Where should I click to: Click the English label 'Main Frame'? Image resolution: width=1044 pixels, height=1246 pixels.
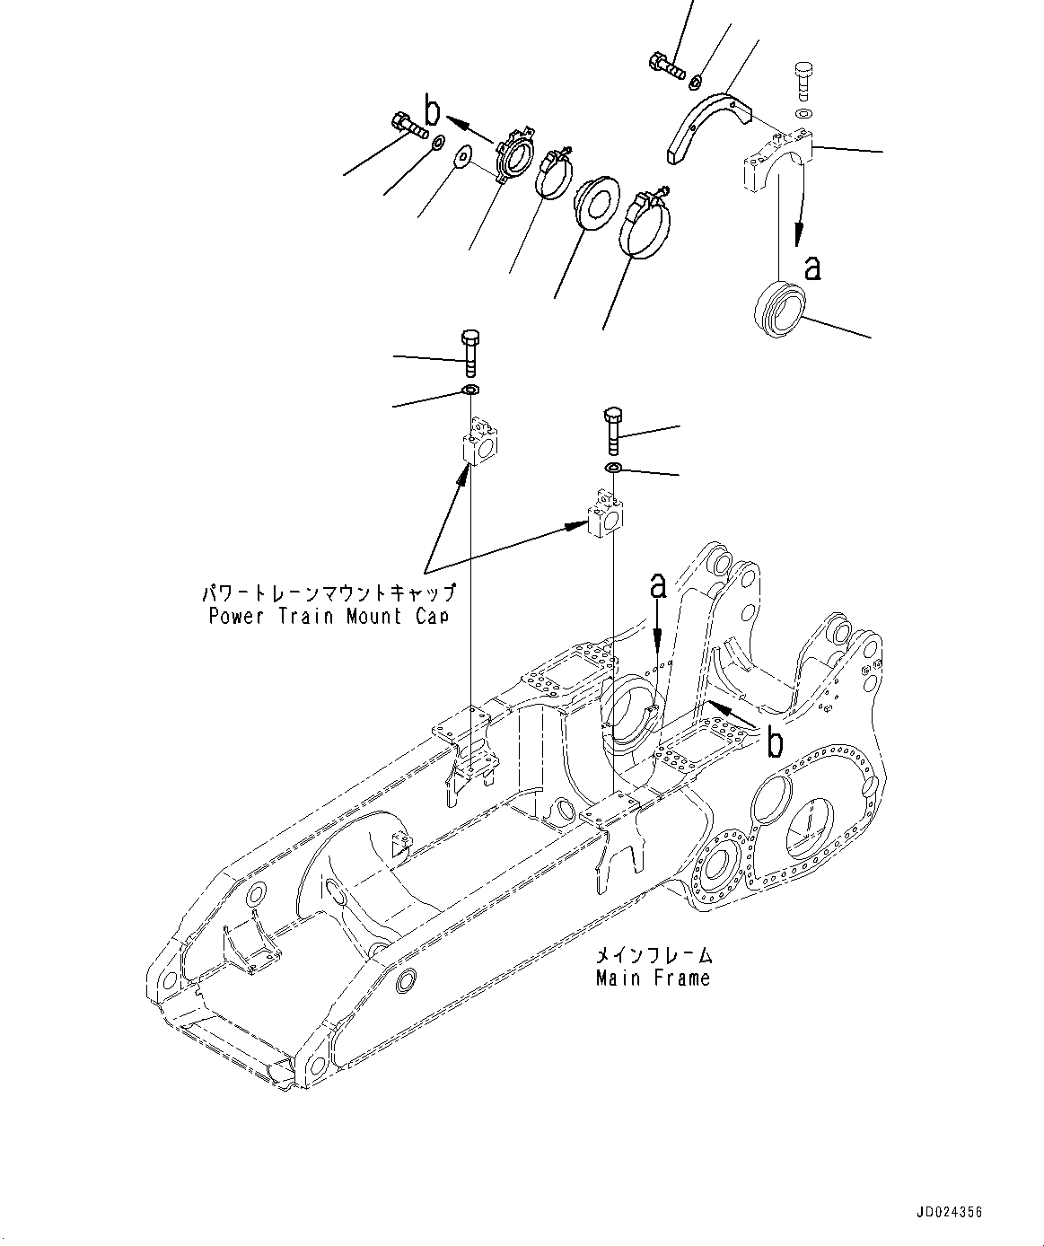pos(653,978)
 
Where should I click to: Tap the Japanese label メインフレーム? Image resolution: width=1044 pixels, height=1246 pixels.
pos(653,955)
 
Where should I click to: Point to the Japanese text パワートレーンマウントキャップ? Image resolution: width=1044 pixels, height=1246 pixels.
pos(329,592)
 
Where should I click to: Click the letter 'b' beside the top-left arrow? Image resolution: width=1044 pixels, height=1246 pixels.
pos(432,112)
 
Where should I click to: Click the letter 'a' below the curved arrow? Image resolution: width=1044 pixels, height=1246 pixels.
pos(812,267)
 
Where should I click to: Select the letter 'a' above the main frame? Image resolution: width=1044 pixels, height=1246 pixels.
pos(658,586)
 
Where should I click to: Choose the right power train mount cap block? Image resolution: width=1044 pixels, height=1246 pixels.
pos(604,515)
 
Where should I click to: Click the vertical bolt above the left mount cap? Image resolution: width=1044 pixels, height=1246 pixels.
pos(470,352)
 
